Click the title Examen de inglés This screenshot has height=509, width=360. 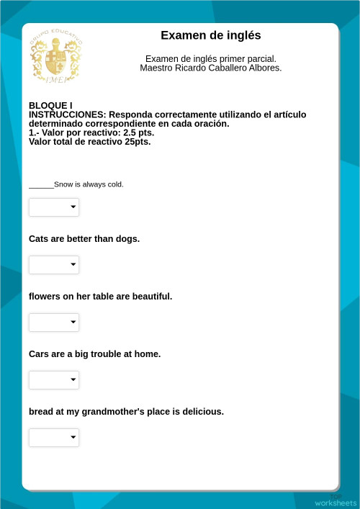[210, 35]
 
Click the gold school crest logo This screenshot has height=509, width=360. [55, 56]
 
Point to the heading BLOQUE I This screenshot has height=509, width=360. [50, 105]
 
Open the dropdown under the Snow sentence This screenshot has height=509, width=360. [54, 207]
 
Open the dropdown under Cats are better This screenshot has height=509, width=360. [54, 265]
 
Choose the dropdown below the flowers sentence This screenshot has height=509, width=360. [54, 323]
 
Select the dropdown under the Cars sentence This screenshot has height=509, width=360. [54, 380]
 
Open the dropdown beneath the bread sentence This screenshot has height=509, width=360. [54, 438]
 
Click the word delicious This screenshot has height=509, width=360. [202, 412]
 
